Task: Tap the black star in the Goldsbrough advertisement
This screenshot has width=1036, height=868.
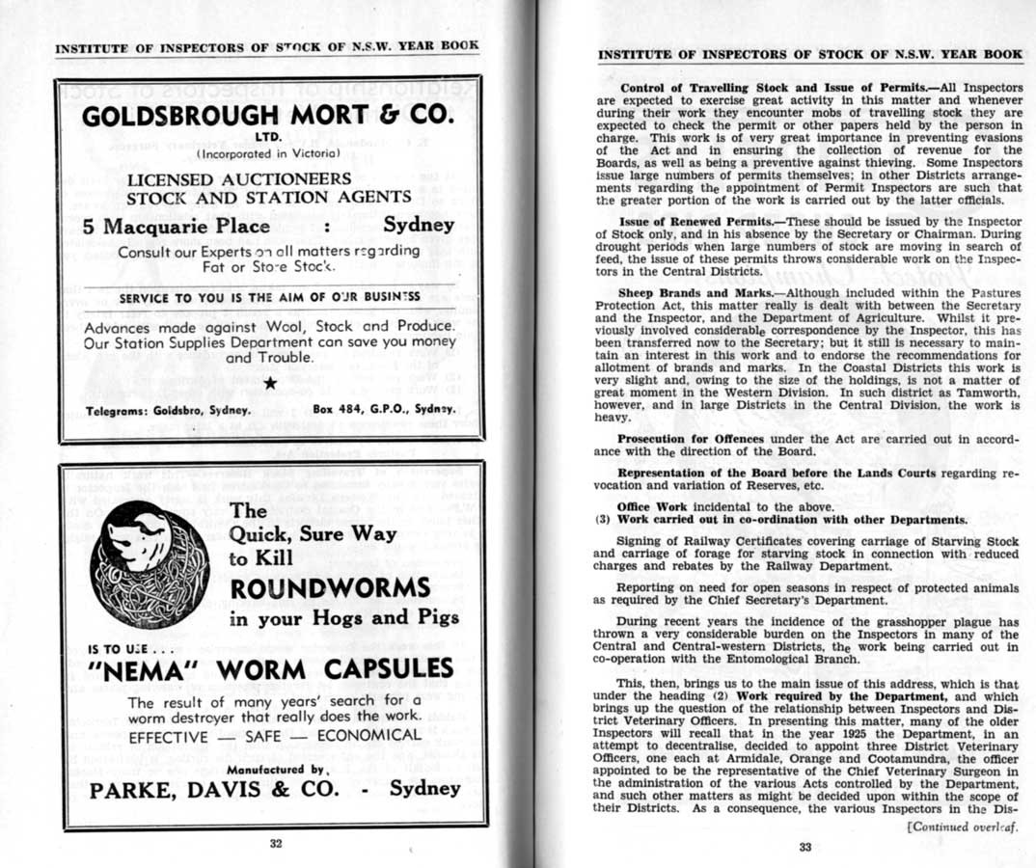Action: (271, 385)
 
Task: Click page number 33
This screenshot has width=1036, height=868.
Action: (805, 847)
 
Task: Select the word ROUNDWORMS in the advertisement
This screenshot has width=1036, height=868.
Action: (330, 587)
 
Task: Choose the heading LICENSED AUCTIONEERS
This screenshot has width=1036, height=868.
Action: (238, 179)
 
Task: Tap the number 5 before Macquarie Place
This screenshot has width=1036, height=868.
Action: (89, 226)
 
